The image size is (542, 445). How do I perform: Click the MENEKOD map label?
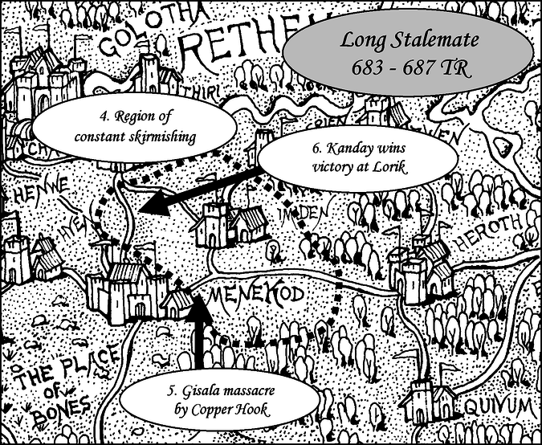coord(255,296)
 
